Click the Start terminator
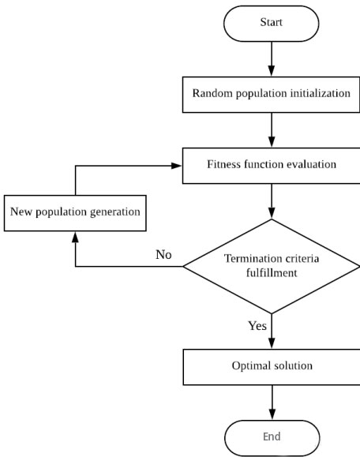(x=271, y=23)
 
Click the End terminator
(x=271, y=435)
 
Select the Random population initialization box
(x=271, y=94)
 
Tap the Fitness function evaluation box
(x=271, y=166)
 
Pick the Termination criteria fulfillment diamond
(x=271, y=265)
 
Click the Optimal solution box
(x=271, y=366)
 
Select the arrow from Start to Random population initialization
(x=271, y=58)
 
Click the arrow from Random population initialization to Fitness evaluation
(x=271, y=129)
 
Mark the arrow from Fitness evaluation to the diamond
(x=271, y=201)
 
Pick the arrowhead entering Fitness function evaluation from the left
(x=178, y=166)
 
